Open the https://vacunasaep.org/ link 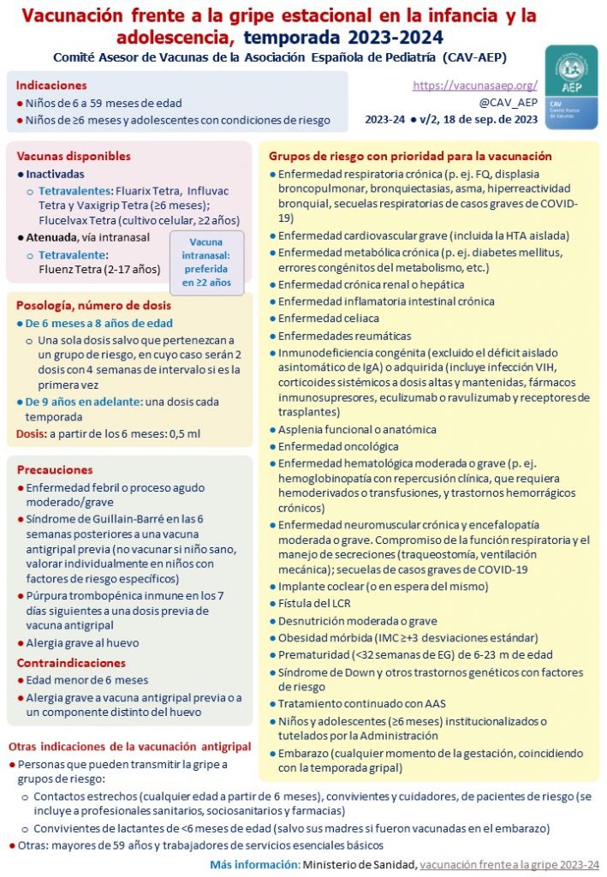click(474, 86)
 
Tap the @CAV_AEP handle click(514, 103)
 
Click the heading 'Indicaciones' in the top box click(51, 86)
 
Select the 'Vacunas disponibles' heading click(74, 156)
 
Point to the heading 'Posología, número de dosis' click(94, 305)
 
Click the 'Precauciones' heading click(55, 469)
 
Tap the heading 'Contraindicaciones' click(71, 663)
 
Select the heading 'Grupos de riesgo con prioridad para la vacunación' click(410, 156)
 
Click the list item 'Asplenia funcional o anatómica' click(357, 429)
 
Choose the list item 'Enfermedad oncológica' click(338, 446)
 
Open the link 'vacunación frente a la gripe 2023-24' click(509, 864)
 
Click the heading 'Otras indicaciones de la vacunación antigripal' click(129, 745)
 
